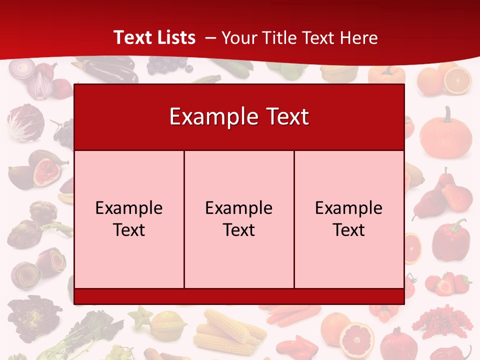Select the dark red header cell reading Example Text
coord(239,117)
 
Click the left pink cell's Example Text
coord(129,219)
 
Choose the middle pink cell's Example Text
coord(239,219)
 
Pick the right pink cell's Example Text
coord(349,219)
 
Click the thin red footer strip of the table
coord(239,296)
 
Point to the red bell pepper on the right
coord(451,240)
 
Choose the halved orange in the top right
coord(457,80)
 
